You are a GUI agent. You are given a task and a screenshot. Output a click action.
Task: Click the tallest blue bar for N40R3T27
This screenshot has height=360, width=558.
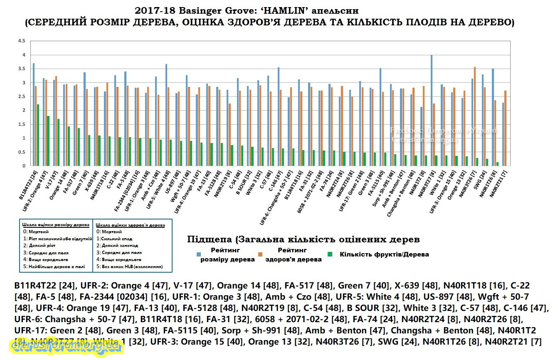tap(432, 111)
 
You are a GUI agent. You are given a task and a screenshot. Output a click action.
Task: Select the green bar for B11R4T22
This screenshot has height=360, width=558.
tap(38, 135)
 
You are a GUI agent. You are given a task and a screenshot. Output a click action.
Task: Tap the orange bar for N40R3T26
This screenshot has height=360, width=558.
tap(475, 116)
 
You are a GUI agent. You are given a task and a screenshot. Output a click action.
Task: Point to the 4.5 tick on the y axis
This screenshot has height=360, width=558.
tap(22, 41)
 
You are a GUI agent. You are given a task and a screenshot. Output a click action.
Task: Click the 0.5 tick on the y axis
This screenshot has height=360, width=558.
tap(22, 152)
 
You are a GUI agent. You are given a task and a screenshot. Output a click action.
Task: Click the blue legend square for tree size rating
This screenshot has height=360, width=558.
tap(199, 254)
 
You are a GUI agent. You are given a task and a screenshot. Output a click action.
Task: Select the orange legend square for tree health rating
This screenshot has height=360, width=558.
tap(261, 254)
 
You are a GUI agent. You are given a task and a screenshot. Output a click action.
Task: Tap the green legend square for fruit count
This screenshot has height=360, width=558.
tap(331, 254)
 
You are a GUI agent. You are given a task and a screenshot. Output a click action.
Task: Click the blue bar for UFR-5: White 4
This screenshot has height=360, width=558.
tap(166, 115)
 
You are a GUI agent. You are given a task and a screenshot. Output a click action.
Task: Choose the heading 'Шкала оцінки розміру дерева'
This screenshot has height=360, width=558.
tap(56, 225)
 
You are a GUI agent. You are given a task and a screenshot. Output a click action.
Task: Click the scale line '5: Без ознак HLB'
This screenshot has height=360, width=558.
tap(129, 266)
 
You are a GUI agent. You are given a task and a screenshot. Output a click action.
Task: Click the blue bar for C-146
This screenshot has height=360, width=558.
tap(279, 117)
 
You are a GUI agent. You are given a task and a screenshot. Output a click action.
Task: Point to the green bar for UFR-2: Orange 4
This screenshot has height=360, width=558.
tap(48, 141)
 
